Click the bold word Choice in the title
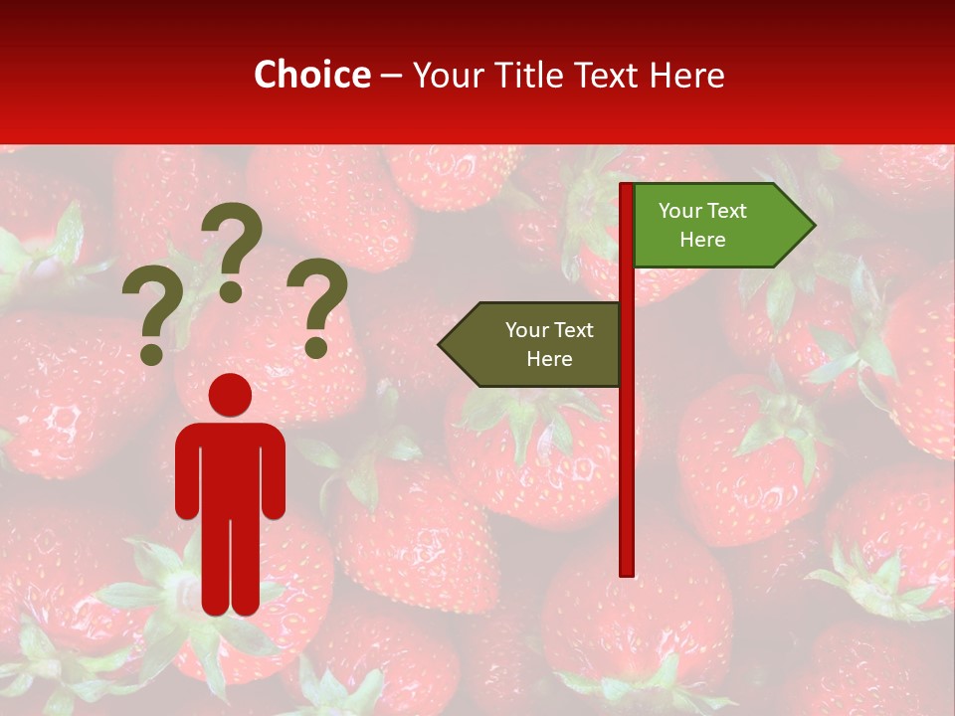click(311, 75)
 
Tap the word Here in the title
click(686, 75)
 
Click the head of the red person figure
click(230, 395)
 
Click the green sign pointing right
click(716, 225)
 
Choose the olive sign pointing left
click(537, 344)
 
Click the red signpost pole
click(627, 447)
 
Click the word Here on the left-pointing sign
click(549, 359)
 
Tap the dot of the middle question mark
click(231, 290)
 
